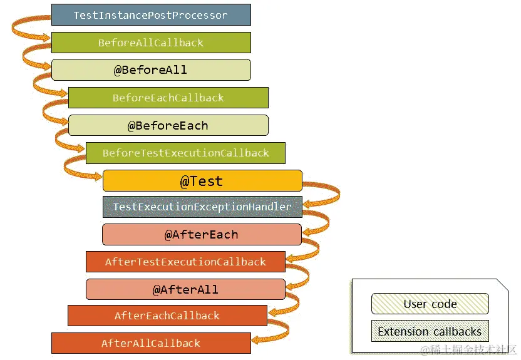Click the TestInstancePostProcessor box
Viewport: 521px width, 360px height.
point(150,14)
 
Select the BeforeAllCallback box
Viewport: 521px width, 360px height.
point(150,43)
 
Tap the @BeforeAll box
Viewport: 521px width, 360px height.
point(150,69)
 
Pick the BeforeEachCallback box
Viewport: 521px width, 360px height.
point(168,98)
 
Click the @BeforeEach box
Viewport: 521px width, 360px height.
point(168,125)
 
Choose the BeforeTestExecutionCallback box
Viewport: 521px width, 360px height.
point(185,153)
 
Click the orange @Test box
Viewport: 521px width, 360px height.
point(202,181)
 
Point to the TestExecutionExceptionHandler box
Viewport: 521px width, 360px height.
point(202,207)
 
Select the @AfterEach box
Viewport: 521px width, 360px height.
point(202,235)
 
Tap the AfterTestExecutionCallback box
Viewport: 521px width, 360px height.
point(185,262)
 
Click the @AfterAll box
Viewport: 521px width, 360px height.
point(185,289)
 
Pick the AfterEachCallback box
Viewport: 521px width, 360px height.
point(167,316)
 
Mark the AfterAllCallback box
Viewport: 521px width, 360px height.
point(150,343)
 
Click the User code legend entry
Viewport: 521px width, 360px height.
point(430,304)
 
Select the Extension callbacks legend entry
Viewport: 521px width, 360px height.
point(430,331)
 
